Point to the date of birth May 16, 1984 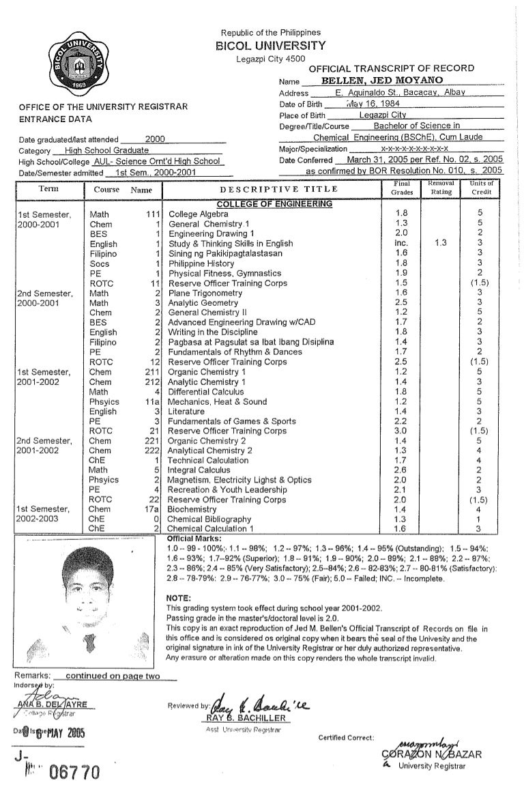point(371,104)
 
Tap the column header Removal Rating point(440,188)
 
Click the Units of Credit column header point(480,188)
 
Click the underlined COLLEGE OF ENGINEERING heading point(274,203)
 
